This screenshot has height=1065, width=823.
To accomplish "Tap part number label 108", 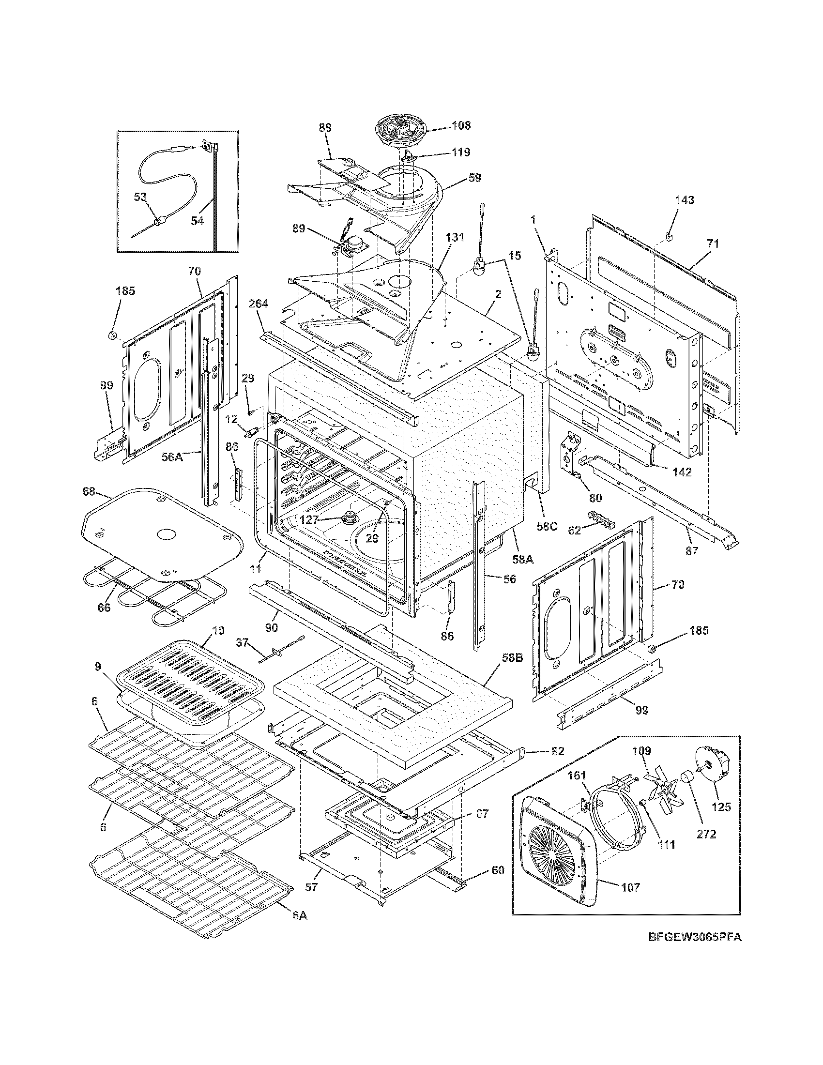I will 460,125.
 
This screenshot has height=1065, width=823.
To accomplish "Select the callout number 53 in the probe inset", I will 140,197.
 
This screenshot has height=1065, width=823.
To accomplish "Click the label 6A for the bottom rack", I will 299,915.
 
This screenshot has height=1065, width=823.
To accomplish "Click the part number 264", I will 258,304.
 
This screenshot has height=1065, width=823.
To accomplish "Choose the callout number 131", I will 455,238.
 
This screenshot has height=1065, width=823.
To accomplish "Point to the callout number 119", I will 460,152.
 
